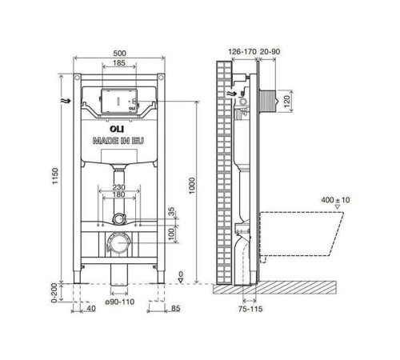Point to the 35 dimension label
tap(170, 212)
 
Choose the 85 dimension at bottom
tap(174, 308)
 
